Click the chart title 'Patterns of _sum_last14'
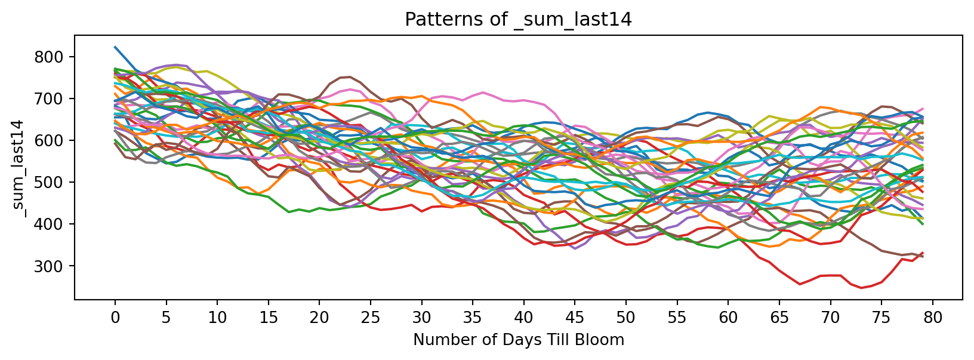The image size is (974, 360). pos(518,20)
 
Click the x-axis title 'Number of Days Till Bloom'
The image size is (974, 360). pos(518,340)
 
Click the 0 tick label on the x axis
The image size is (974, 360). pos(115,318)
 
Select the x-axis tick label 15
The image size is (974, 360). pos(268,318)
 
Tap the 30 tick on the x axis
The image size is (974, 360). pos(421,318)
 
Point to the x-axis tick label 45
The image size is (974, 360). pos(575,318)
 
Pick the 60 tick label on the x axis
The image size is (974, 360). pos(728,318)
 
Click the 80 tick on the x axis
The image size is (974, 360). pos(933,318)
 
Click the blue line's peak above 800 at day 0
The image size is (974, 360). pos(115,47)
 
